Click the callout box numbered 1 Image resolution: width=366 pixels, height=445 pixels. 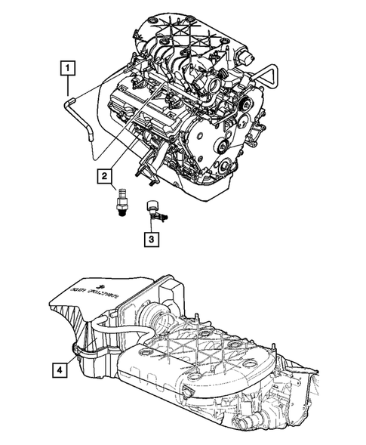[x=68, y=69]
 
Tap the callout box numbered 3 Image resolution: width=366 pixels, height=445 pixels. [x=153, y=241]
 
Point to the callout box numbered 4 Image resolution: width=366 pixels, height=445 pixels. [x=59, y=371]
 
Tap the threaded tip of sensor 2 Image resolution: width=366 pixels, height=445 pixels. [x=118, y=214]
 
